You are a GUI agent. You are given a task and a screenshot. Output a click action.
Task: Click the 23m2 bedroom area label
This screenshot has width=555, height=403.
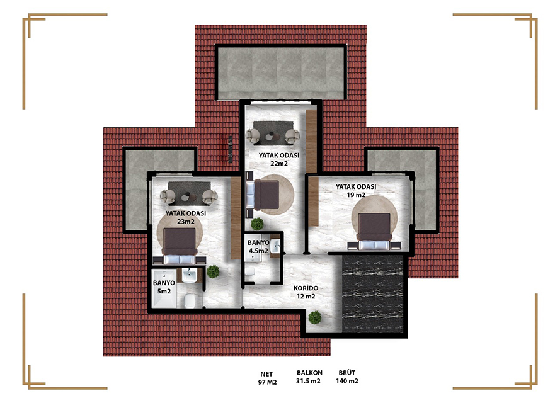tap(186, 218)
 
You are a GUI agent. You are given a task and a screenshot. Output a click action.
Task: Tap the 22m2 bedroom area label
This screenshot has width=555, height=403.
tap(279, 159)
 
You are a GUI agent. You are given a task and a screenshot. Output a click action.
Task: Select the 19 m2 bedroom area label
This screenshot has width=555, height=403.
tap(356, 191)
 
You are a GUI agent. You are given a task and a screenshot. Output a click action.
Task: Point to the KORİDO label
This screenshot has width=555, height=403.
tap(306, 288)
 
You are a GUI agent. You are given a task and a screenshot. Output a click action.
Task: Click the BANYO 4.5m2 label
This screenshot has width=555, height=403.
tap(258, 247)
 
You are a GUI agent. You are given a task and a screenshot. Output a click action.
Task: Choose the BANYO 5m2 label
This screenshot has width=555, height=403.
tap(164, 287)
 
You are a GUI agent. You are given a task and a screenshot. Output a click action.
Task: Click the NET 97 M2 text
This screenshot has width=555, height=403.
tap(267, 378)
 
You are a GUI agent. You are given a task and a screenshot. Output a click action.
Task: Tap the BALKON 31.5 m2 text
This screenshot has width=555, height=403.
tap(309, 377)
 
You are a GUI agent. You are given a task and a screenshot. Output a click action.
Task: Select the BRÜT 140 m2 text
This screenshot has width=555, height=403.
tap(347, 377)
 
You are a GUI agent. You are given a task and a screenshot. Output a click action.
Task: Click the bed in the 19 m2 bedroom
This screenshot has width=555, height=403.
tap(374, 231)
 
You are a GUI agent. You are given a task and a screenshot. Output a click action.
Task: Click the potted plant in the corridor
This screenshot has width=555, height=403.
tap(314, 317)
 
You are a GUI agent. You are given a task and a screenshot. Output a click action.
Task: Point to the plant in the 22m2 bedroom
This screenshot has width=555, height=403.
tap(257, 224)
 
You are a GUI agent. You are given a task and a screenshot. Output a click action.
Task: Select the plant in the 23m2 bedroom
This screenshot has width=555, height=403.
tap(213, 271)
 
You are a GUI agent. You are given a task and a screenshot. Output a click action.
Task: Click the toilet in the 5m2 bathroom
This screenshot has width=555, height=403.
tap(189, 301)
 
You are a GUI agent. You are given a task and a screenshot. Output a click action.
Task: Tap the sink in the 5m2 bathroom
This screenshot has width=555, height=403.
tap(190, 275)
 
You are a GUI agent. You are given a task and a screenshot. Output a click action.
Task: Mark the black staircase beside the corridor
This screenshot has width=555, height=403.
tap(373, 293)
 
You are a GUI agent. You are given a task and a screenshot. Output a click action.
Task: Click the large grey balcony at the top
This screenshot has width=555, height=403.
tap(281, 73)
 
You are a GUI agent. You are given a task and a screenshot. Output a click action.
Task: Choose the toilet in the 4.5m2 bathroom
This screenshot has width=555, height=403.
tap(250, 272)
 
